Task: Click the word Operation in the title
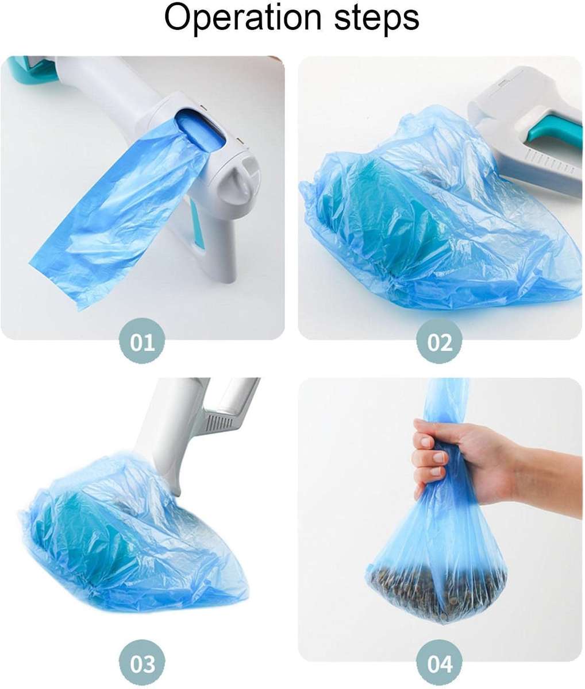(x=241, y=19)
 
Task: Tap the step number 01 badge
(x=143, y=343)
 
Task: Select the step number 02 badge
(x=440, y=343)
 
